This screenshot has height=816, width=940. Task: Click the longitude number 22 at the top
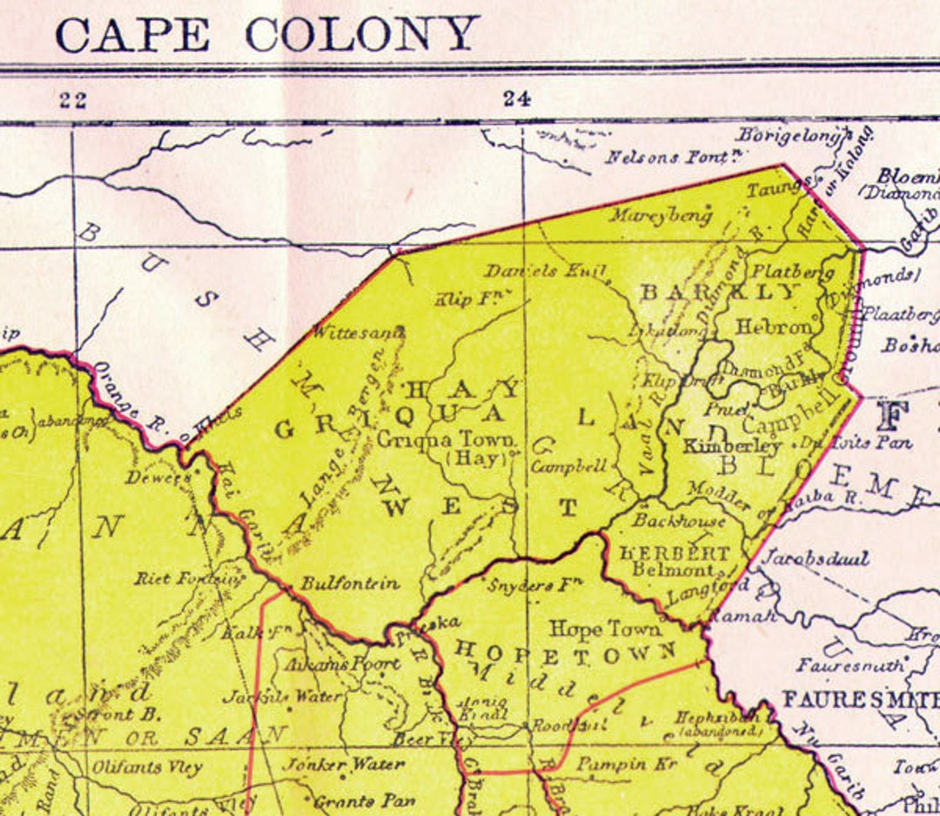(73, 100)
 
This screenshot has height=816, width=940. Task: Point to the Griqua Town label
(446, 439)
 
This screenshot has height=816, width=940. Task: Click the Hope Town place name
(605, 628)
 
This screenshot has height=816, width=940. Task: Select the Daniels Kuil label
(545, 271)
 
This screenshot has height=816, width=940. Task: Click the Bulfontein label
(350, 584)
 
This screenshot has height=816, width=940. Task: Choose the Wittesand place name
(358, 331)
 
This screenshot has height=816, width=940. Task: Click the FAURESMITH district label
(860, 699)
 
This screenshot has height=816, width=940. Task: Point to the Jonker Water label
(346, 765)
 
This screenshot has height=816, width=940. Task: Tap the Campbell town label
(568, 466)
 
